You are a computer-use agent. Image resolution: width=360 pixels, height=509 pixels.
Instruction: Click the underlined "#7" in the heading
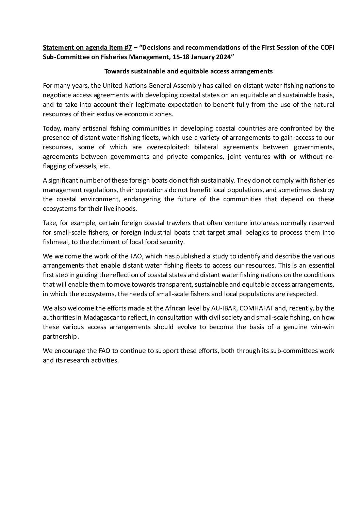[x=128, y=47]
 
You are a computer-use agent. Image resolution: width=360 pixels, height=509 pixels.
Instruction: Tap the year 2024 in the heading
[x=223, y=57]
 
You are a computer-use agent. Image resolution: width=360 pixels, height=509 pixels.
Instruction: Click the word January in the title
[x=203, y=57]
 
